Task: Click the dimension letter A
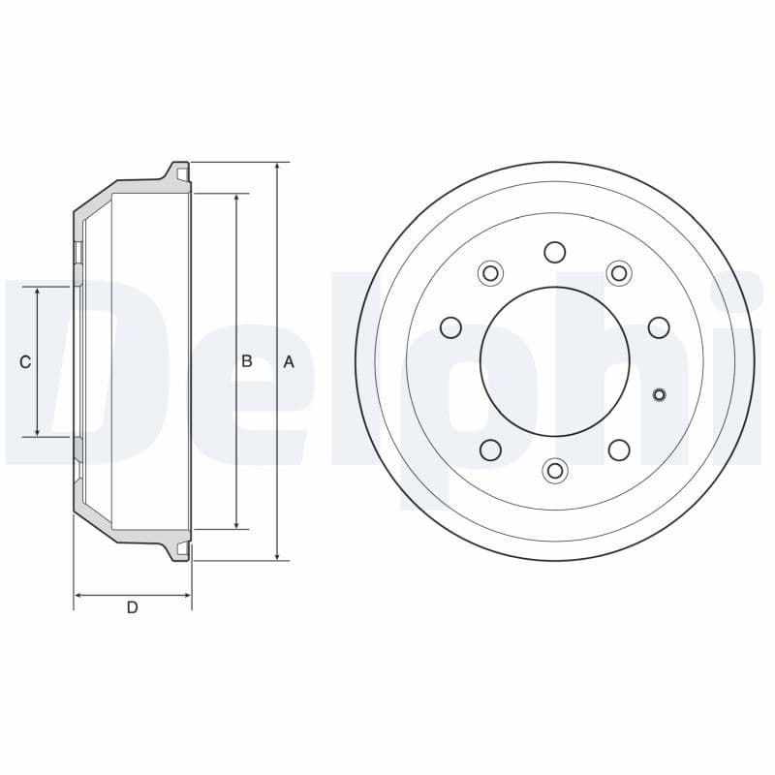tap(288, 361)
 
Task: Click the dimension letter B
tap(247, 361)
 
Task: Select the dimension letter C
tap(25, 361)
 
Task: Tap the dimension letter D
tap(132, 607)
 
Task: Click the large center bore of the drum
tap(555, 361)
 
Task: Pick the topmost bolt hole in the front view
tap(555, 252)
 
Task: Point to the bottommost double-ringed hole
tap(555, 471)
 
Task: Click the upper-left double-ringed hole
tap(490, 273)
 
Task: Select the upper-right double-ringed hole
tap(619, 273)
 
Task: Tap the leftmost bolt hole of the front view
tap(450, 327)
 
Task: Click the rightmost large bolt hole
tap(659, 327)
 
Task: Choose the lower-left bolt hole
tap(490, 449)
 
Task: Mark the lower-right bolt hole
tap(619, 449)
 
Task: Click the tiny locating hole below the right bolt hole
tap(660, 393)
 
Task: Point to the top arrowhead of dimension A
tap(278, 167)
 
